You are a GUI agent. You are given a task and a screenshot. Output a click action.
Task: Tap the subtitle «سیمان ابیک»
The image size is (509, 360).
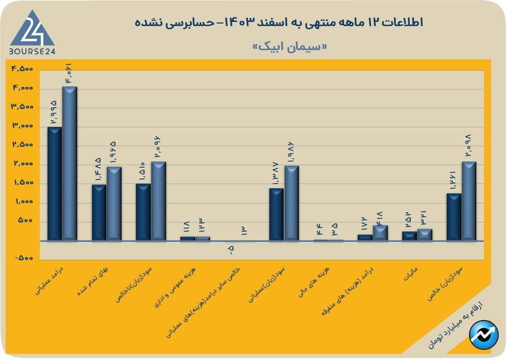click(290, 46)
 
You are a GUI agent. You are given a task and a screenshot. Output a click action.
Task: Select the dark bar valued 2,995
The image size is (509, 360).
click(55, 184)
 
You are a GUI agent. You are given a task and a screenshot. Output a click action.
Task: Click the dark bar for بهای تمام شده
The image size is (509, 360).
click(99, 212)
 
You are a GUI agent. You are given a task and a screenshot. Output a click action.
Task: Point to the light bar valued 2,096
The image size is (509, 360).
click(158, 201)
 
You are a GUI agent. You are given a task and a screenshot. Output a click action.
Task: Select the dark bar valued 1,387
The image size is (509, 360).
click(276, 214)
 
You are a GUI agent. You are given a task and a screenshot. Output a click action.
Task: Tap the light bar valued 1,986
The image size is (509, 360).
click(292, 203)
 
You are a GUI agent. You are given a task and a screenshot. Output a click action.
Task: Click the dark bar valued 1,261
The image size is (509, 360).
click(454, 217)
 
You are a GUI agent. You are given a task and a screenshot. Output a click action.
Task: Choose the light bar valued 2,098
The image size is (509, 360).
click(469, 201)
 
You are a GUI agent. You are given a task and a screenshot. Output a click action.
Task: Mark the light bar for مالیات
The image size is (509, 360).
click(425, 235)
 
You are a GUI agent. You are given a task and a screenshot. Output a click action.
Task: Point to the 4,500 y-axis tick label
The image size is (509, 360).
click(22, 69)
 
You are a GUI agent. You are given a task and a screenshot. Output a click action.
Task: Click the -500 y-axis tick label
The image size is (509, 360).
click(22, 258)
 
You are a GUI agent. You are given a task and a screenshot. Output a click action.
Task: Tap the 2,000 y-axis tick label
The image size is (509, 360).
click(22, 164)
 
